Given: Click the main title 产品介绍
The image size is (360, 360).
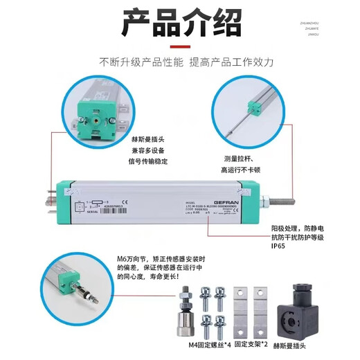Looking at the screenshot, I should click(x=180, y=24).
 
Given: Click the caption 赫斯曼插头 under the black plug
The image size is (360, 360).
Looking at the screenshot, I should click(x=307, y=346).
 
